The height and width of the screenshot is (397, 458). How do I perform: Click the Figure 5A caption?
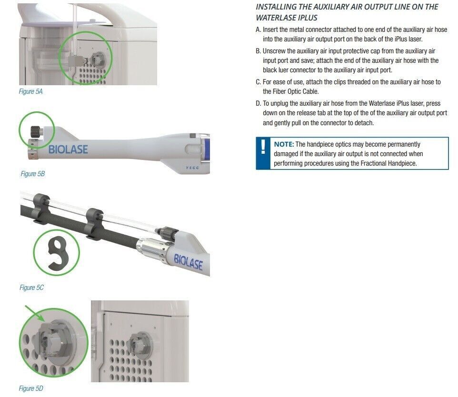pyautogui.click(x=30, y=91)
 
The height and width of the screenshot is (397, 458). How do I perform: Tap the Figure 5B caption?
pyautogui.click(x=33, y=174)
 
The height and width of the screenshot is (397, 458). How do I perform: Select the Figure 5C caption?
pyautogui.click(x=31, y=288)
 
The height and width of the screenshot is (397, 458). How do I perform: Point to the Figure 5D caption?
pyautogui.click(x=31, y=388)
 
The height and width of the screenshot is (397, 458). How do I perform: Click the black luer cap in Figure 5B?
pyautogui.click(x=36, y=132)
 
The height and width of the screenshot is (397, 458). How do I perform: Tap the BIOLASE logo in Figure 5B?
pyautogui.click(x=68, y=149)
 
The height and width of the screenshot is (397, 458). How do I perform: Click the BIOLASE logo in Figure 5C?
pyautogui.click(x=188, y=262)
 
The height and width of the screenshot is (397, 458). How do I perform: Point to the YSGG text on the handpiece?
pyautogui.click(x=192, y=168)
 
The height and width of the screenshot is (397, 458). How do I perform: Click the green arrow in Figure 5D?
pyautogui.click(x=34, y=313)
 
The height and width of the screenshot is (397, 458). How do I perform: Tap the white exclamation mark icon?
pyautogui.click(x=263, y=147)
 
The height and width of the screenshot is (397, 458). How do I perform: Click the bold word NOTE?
pyautogui.click(x=284, y=144)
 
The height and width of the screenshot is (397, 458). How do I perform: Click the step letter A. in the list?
pyautogui.click(x=258, y=30)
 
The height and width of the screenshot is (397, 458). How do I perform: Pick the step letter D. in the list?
pyautogui.click(x=258, y=103)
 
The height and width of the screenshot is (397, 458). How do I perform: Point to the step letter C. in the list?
pyautogui.click(x=258, y=82)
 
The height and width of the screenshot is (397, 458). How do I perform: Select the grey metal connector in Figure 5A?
pyautogui.click(x=75, y=61)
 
